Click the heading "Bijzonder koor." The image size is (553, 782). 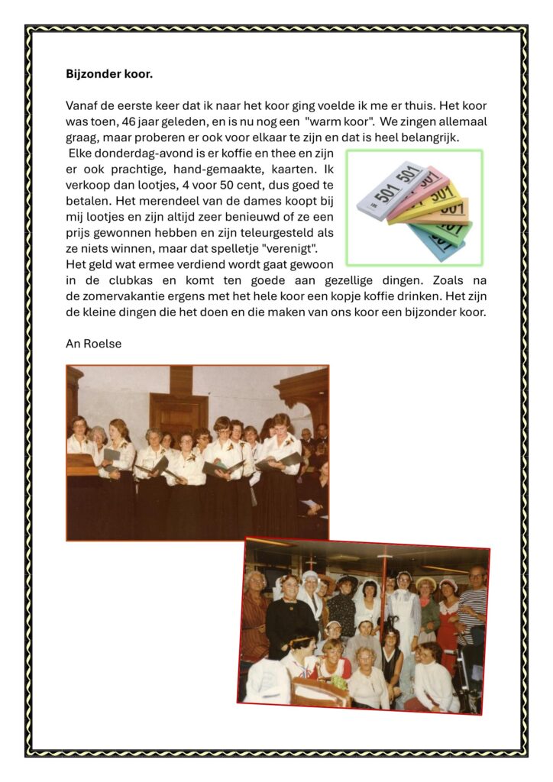pos(110,75)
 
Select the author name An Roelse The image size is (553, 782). pos(93,344)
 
